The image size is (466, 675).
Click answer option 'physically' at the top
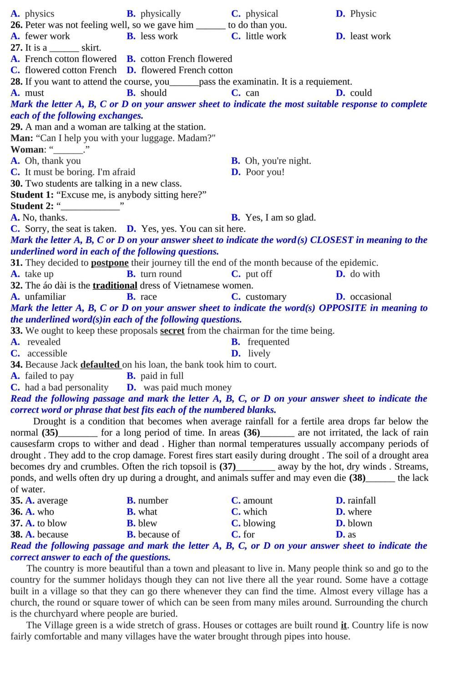point(160,14)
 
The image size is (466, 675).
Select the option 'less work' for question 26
point(159,36)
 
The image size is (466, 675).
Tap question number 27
point(16,47)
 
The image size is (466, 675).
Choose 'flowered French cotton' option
point(187,70)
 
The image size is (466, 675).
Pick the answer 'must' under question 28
point(34,93)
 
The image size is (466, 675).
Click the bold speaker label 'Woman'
point(28,149)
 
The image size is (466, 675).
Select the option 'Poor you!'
point(265,172)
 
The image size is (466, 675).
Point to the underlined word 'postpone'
point(110,263)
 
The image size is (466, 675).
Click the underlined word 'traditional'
point(115,286)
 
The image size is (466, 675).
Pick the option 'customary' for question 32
point(266,297)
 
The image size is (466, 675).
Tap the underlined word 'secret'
point(172,331)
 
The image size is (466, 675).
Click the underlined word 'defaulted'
point(100,365)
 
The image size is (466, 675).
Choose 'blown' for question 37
point(360,523)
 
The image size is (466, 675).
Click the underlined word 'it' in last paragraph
point(344,625)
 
